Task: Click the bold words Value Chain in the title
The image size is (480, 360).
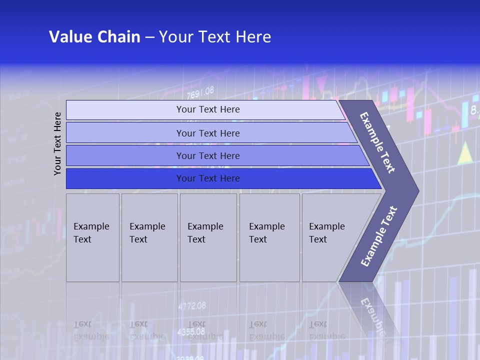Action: (x=94, y=37)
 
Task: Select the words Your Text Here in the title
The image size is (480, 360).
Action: (x=215, y=37)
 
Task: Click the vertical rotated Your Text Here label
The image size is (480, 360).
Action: (x=57, y=143)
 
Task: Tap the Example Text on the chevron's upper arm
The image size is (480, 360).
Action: (x=377, y=142)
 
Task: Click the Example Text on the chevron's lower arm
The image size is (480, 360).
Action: (x=378, y=236)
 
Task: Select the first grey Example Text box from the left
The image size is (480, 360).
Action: (x=92, y=237)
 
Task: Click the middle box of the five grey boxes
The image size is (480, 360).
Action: (x=208, y=237)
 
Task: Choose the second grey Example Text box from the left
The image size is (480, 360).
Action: (x=149, y=237)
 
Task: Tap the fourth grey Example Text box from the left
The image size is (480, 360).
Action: (x=269, y=237)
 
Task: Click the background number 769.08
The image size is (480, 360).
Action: (x=200, y=92)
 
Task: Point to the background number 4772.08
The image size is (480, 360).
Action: (x=191, y=305)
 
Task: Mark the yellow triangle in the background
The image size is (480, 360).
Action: (x=465, y=153)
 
